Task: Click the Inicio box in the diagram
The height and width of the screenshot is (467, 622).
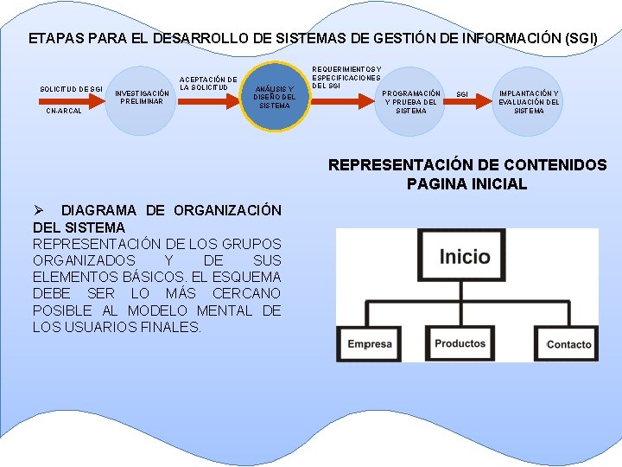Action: [465, 257]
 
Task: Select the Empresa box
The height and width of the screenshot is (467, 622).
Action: [370, 344]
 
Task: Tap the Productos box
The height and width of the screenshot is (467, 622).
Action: [460, 343]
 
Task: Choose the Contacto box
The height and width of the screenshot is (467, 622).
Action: [568, 344]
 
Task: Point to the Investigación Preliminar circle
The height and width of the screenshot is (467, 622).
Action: [142, 97]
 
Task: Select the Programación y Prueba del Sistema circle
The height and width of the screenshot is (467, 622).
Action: [411, 101]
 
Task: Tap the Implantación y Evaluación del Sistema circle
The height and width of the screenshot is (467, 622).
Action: [529, 101]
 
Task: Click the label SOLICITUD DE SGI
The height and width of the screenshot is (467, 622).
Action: [72, 89]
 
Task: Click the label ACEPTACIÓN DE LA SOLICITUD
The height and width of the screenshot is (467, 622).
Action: [207, 83]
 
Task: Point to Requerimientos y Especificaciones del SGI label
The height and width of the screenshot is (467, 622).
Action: [346, 77]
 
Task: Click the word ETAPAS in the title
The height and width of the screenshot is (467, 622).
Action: [52, 39]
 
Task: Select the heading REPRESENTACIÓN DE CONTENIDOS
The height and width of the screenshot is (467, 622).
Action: [466, 165]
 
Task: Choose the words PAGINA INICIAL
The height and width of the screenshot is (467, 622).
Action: [466, 183]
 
